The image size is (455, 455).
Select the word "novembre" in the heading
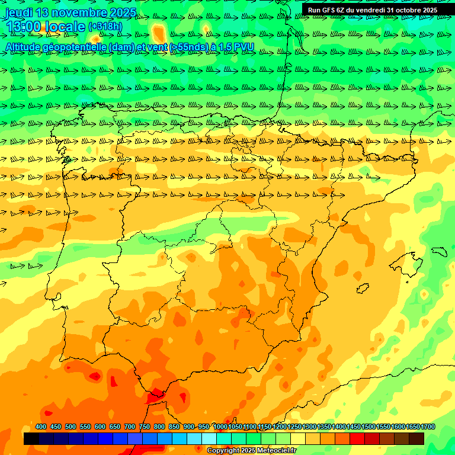point(79,12)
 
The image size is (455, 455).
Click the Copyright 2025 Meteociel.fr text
point(251,451)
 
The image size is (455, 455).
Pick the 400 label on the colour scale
point(41,427)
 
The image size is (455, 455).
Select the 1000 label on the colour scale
point(220,427)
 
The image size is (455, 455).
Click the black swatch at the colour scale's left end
point(31,439)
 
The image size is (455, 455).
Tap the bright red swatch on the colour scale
point(357,439)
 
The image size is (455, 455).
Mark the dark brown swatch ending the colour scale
point(416,439)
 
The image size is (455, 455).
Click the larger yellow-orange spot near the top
point(159,32)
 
